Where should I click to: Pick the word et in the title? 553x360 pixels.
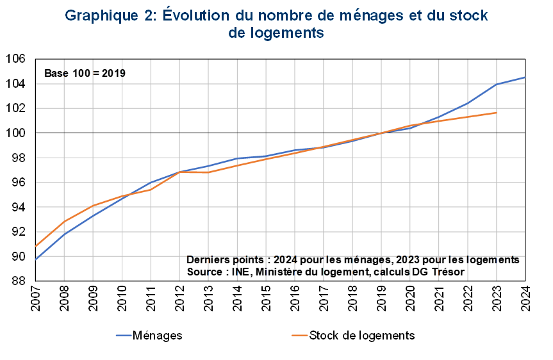click(x=418, y=16)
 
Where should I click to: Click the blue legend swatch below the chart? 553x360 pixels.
click(x=124, y=335)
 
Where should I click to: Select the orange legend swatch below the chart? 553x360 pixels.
click(x=299, y=335)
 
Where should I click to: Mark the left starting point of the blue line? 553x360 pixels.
click(x=36, y=259)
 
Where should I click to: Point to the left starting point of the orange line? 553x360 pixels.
click(x=36, y=245)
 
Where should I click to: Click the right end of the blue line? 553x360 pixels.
click(x=525, y=78)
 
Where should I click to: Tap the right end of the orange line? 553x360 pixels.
click(x=496, y=113)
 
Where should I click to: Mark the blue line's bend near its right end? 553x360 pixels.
click(x=497, y=84)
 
